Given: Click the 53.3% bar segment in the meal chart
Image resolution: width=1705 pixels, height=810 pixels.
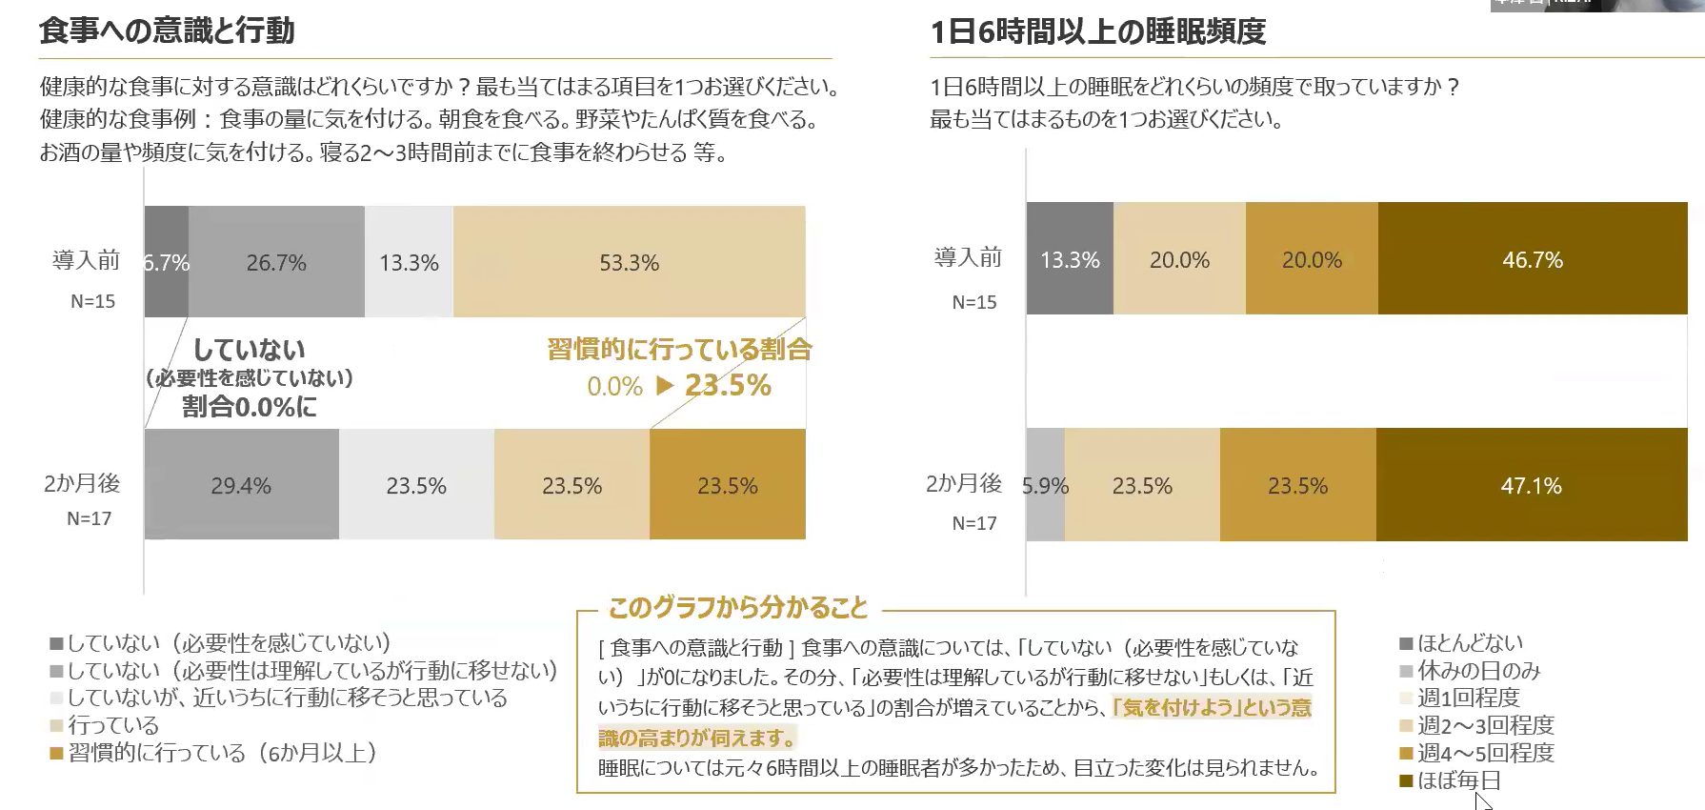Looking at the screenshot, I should click(x=629, y=262).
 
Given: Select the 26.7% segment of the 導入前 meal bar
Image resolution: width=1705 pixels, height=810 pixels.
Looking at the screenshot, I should click(x=276, y=262).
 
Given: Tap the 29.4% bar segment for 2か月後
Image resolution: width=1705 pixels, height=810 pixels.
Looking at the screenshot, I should click(x=241, y=485).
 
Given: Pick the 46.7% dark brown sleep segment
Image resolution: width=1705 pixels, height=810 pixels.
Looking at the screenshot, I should click(x=1532, y=259).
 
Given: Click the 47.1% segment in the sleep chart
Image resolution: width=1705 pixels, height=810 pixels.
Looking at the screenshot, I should click(x=1531, y=485).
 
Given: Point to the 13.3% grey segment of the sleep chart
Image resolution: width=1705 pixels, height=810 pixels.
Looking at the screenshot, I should click(x=1070, y=259).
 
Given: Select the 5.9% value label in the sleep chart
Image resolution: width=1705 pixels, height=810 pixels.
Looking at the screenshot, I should click(x=1045, y=486).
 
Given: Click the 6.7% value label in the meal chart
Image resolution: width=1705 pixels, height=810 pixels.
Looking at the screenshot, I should click(x=167, y=263).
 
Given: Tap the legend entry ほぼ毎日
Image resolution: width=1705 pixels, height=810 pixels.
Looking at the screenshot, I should click(x=1458, y=780).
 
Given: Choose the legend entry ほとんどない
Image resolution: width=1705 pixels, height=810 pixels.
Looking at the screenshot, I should click(x=1470, y=643).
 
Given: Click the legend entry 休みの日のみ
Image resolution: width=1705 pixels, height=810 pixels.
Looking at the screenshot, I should click(x=1478, y=671).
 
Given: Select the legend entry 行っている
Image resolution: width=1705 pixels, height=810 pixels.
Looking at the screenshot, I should click(x=112, y=725).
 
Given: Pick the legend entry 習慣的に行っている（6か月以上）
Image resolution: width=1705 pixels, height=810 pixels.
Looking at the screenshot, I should click(x=222, y=753).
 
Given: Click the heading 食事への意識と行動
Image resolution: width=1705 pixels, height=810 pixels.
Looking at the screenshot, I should click(x=167, y=30).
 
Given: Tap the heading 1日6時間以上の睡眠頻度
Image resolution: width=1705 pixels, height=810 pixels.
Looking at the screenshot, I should click(x=1097, y=31).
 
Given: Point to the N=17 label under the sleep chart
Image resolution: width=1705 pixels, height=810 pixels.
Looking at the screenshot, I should click(x=974, y=523).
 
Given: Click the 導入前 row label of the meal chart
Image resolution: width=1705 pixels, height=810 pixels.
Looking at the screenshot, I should click(x=86, y=259).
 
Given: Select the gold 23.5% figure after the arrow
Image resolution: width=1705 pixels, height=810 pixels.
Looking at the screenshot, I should click(x=728, y=385).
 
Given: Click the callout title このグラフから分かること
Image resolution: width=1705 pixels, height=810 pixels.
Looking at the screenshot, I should click(x=738, y=607).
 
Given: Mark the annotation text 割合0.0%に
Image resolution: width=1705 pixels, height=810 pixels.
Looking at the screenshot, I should click(x=250, y=407).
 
